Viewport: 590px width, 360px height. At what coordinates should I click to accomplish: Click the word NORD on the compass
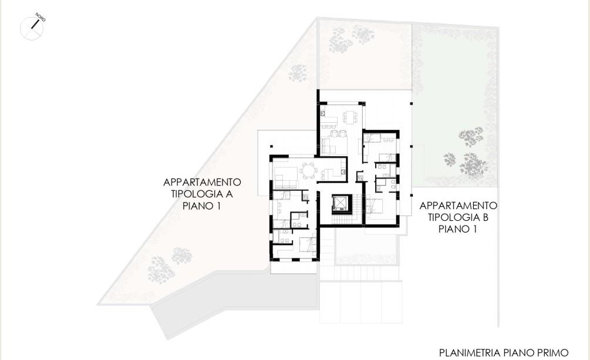click(41, 17)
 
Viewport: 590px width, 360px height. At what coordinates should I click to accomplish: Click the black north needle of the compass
click(35, 24)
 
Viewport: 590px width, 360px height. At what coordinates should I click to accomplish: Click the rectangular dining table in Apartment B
click(350, 117)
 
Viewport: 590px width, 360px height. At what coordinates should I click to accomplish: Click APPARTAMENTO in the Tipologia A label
click(202, 182)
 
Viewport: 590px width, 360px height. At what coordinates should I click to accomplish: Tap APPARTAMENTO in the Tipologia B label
click(458, 206)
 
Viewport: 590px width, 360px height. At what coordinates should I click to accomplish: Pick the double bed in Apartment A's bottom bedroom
click(308, 245)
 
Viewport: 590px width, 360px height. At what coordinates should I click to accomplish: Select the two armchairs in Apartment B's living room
click(338, 133)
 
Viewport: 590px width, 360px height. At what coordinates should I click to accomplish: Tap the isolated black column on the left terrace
click(271, 146)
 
